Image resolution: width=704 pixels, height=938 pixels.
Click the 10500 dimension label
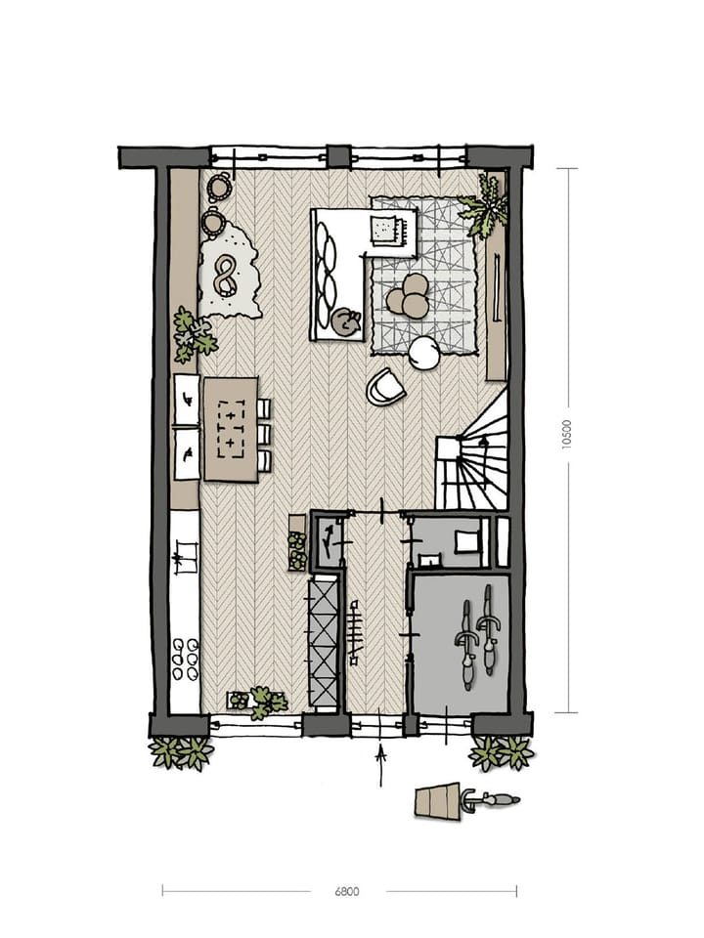click(x=567, y=434)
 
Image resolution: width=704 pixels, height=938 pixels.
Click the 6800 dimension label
click(x=347, y=891)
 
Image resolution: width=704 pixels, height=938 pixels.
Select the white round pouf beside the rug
click(x=424, y=353)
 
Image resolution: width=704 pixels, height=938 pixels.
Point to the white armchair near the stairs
click(x=385, y=387)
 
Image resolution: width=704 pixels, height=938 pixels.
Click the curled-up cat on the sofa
click(x=344, y=321)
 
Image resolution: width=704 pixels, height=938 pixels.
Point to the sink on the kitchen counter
click(x=182, y=561)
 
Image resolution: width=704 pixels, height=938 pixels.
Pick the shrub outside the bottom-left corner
click(x=181, y=752)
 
